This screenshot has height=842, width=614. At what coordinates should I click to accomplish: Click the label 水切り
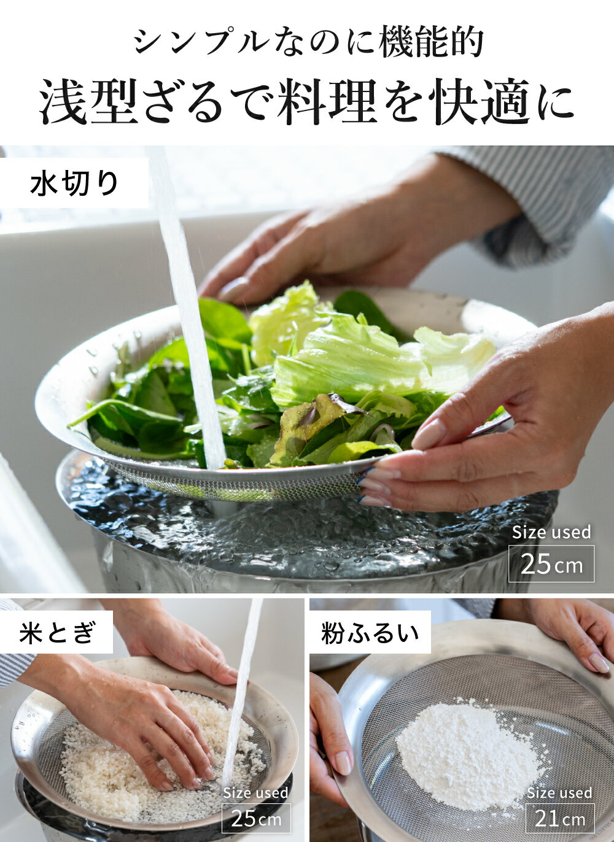coord(74,183)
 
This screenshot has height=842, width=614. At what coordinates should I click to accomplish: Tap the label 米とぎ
coord(56,632)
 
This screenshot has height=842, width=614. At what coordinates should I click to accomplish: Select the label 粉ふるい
coord(370,632)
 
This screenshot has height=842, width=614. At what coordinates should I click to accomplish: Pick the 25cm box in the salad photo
coord(551,564)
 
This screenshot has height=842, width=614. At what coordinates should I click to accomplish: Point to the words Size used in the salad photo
coord(551,532)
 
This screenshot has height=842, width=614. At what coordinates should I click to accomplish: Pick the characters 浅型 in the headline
coord(89,101)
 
